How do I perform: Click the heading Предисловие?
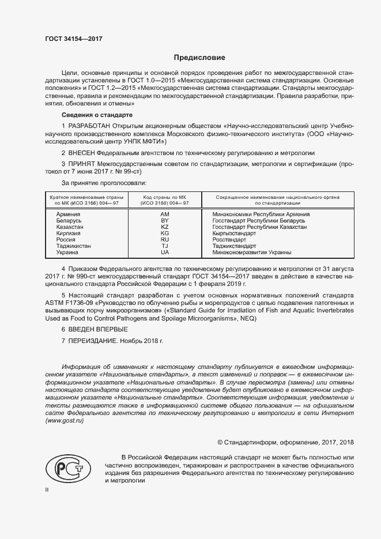coord(200,58)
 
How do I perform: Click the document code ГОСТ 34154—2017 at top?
coord(74,39)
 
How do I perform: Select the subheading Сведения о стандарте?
coord(92,115)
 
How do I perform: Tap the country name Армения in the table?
coord(68,214)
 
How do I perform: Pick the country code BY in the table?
coord(165,221)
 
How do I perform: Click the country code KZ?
coord(165,227)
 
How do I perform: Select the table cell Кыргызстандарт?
coord(234,233)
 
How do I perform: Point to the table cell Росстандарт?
coord(229,240)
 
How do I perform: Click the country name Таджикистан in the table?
coord(73,246)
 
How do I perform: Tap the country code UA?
coord(165,252)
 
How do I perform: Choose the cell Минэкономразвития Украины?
coord(252,252)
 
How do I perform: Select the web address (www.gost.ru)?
coord(65,421)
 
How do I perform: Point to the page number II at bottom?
coord(47,489)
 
